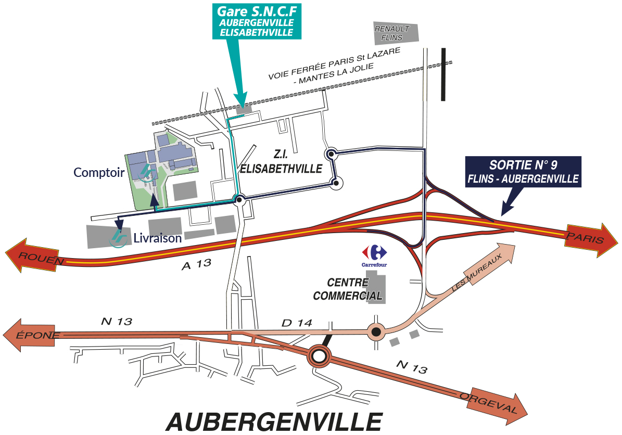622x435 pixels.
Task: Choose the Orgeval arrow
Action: (494, 401)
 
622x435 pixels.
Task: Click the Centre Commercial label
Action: (347, 289)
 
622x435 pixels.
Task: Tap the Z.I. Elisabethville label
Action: (281, 162)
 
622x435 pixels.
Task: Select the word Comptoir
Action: (98, 172)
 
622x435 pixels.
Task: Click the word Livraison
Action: (157, 238)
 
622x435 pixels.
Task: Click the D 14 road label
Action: (296, 323)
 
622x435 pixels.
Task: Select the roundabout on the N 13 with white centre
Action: (320, 356)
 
